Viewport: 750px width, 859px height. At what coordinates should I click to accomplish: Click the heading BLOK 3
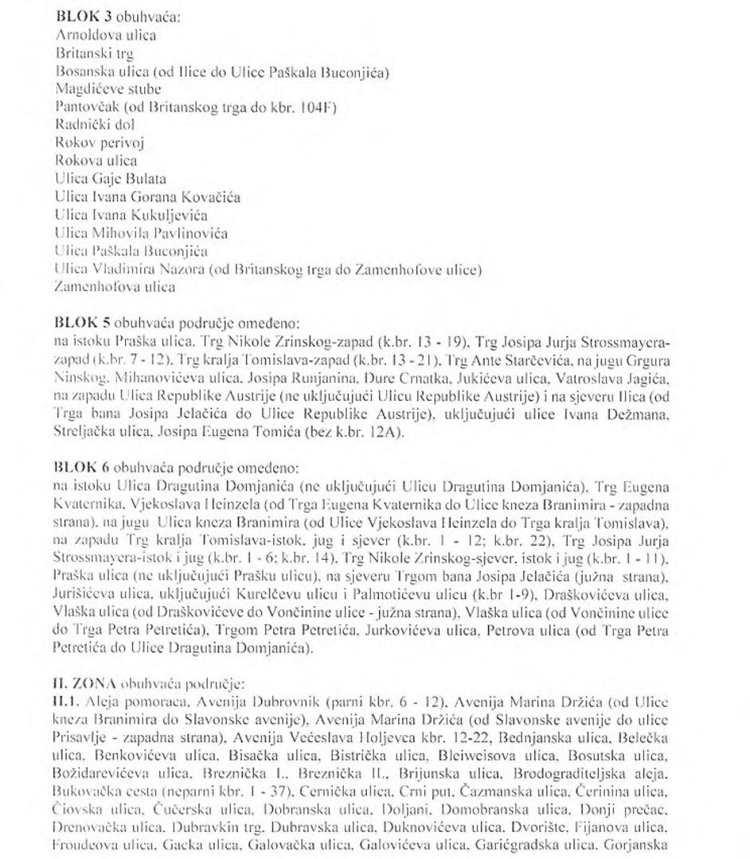79,16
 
